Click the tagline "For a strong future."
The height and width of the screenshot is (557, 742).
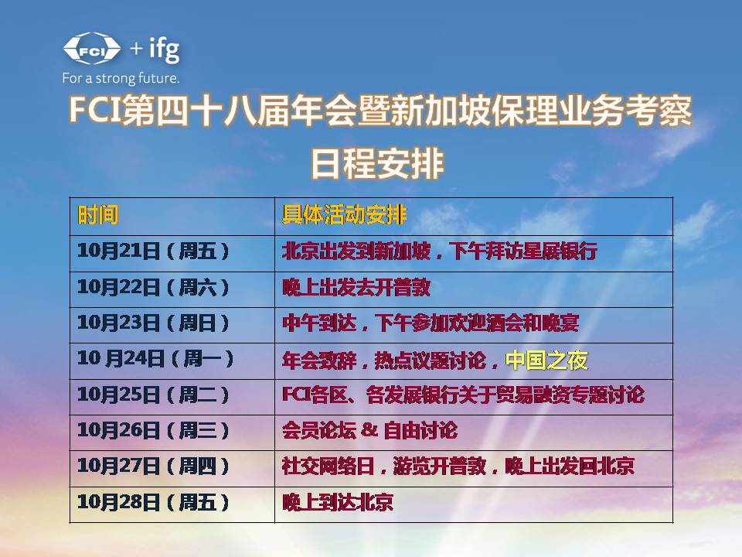pyautogui.click(x=121, y=78)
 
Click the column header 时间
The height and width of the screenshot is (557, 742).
pyautogui.click(x=98, y=215)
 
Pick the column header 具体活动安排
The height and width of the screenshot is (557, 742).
pyautogui.click(x=344, y=215)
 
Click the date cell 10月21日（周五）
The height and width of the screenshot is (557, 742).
pyautogui.click(x=154, y=251)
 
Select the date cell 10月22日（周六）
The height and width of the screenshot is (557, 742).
pyautogui.click(x=154, y=288)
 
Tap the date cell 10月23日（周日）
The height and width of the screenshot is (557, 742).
pyautogui.click(x=154, y=323)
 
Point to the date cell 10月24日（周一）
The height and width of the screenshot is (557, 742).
pyautogui.click(x=155, y=360)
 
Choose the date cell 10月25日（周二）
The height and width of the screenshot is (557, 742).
pyautogui.click(x=154, y=395)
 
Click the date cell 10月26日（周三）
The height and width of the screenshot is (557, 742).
pyautogui.click(x=154, y=431)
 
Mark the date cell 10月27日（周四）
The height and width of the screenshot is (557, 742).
pyautogui.click(x=154, y=466)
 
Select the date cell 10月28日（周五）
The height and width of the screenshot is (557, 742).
pyautogui.click(x=154, y=503)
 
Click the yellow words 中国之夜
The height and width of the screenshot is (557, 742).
pyautogui.click(x=546, y=361)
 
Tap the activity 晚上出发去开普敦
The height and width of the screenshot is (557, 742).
pyautogui.click(x=356, y=288)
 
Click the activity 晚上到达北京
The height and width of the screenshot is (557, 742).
pyautogui.click(x=337, y=503)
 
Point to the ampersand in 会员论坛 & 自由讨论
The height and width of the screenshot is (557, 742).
pyautogui.click(x=369, y=431)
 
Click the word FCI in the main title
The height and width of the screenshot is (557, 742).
pyautogui.click(x=91, y=112)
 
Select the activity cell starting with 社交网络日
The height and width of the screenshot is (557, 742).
pyautogui.click(x=458, y=466)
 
